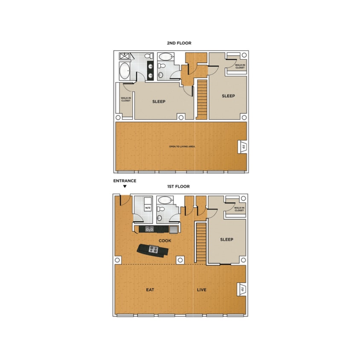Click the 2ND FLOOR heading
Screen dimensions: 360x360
(x=179, y=43)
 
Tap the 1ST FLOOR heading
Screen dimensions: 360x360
(x=178, y=186)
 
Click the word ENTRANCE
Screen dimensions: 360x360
(x=125, y=181)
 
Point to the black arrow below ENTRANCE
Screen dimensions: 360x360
(x=125, y=186)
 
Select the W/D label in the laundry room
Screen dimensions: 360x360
(x=148, y=208)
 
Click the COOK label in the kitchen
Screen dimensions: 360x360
(x=165, y=241)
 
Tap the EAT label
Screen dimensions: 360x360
(x=150, y=290)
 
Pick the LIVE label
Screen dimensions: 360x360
(x=201, y=290)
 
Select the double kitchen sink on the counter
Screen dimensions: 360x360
(x=149, y=229)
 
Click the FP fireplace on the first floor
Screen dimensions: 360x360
(x=242, y=289)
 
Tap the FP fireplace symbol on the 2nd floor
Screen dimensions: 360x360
(x=242, y=147)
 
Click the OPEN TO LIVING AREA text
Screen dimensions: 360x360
(x=182, y=147)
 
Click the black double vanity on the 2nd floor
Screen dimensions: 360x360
(x=151, y=70)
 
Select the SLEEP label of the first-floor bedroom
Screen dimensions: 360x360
(x=226, y=240)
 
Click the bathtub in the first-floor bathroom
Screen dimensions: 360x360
(x=165, y=200)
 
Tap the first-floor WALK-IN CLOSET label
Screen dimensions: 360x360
(x=239, y=209)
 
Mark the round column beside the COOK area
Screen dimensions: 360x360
(x=180, y=259)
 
